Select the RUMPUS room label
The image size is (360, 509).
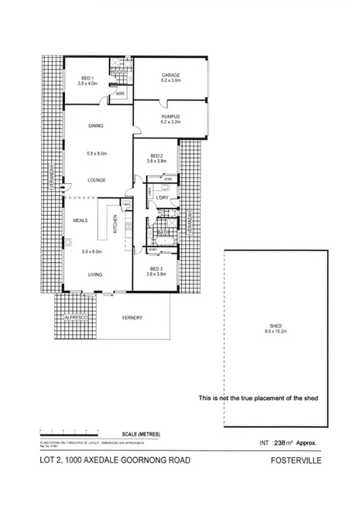[170, 118]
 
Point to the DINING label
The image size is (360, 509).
[96, 125]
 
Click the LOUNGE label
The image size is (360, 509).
[96, 181]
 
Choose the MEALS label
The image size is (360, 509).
[81, 220]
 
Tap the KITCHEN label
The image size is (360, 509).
[116, 224]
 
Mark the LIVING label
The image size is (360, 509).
[96, 275]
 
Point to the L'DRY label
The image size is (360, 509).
[163, 199]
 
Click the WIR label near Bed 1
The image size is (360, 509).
[120, 94]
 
